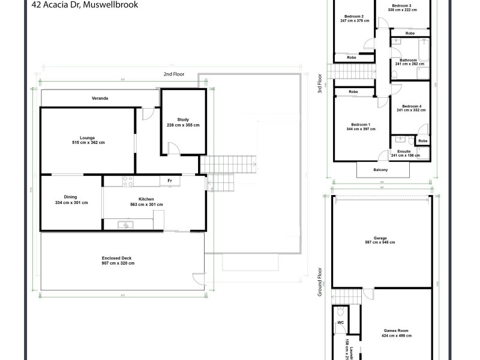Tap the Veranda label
(100, 98)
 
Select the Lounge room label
(88, 138)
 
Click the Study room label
(183, 119)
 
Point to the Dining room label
(71, 197)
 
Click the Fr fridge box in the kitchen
(170, 181)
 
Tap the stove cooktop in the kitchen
(127, 180)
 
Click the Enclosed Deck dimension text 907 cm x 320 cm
(118, 263)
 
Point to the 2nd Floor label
(174, 74)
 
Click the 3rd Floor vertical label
(320, 84)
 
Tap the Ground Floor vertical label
(320, 282)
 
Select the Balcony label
(380, 170)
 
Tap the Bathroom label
(410, 59)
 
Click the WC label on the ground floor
(340, 322)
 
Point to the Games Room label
(398, 331)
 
